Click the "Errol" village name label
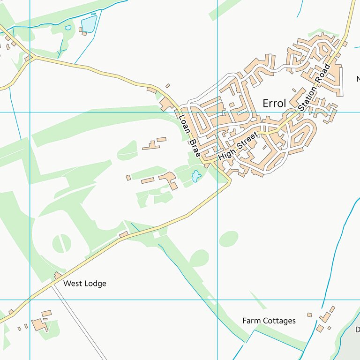(274, 104)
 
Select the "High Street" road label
(238, 147)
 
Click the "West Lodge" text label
(85, 284)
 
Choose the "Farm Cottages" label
(269, 321)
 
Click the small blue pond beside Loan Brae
(196, 176)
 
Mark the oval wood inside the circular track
(61, 243)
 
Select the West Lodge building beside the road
(58, 275)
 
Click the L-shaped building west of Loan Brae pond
(169, 180)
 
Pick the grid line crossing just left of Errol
(217, 112)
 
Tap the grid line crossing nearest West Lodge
(30, 300)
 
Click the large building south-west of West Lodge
(39, 325)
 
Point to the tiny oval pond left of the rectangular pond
(68, 28)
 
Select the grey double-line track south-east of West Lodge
(80, 323)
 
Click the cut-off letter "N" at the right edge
(358, 78)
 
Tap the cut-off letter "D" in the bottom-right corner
(357, 329)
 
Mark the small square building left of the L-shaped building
(128, 178)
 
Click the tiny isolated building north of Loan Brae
(168, 86)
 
